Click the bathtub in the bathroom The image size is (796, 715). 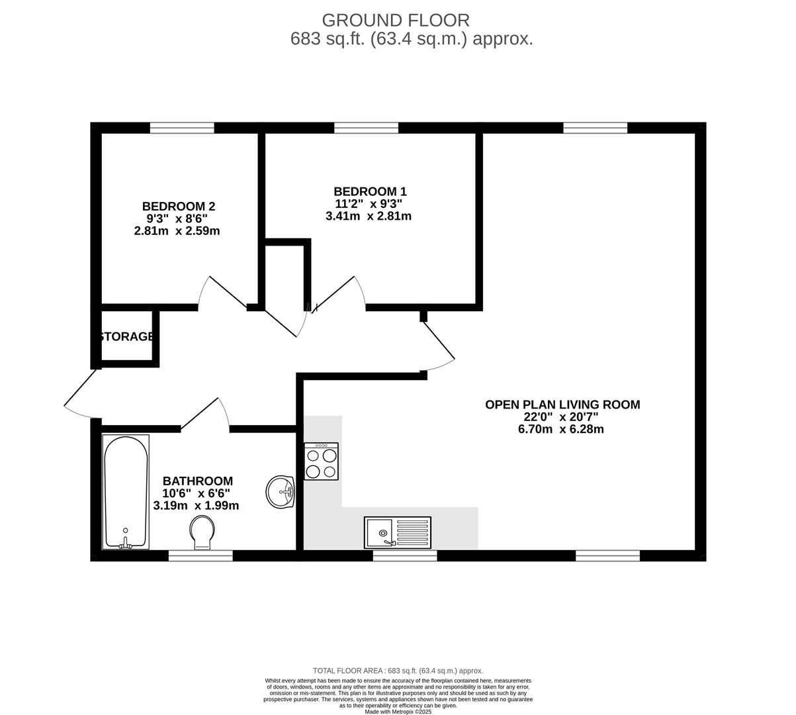[126, 491]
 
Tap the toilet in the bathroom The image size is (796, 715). [202, 533]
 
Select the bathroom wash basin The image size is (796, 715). [281, 492]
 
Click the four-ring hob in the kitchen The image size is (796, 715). [321, 461]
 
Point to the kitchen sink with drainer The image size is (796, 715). [397, 532]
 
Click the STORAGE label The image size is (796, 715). [126, 336]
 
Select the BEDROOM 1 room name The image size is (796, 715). [370, 191]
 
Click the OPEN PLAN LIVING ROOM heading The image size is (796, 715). [562, 405]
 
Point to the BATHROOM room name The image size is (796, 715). [198, 481]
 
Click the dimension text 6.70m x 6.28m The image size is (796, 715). [561, 429]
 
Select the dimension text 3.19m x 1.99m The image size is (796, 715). [196, 505]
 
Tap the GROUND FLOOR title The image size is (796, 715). [396, 20]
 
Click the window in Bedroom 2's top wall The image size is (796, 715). [182, 128]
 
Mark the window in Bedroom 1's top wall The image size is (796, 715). [366, 128]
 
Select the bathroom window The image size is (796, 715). [200, 556]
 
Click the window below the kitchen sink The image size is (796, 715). [405, 556]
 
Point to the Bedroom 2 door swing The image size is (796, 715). [222, 293]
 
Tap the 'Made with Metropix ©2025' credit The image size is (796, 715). [398, 712]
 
